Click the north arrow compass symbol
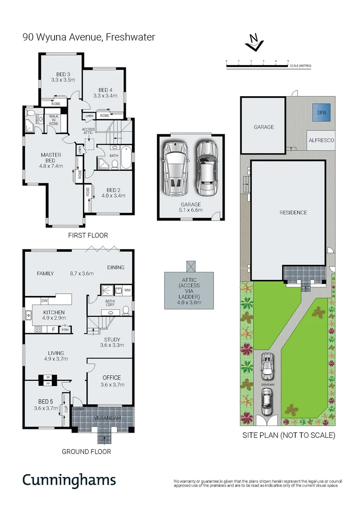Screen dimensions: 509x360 254,42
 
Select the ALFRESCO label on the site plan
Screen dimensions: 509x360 321,140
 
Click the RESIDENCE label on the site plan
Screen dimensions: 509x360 293,213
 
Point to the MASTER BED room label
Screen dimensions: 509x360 51,159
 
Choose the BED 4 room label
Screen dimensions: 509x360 105,93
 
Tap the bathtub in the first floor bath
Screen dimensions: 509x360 126,159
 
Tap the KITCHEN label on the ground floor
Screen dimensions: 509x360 54,315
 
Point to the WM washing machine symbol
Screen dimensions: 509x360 127,290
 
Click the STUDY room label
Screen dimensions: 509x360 112,342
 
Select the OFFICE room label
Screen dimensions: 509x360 112,381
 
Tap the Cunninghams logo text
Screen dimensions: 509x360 69,480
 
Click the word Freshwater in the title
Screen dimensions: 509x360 129,36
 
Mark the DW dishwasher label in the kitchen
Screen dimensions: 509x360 44,300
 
